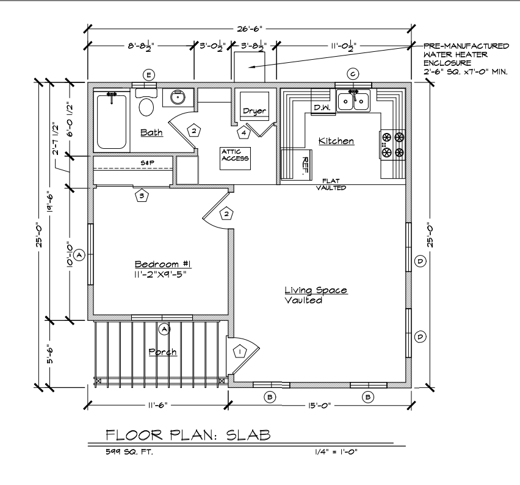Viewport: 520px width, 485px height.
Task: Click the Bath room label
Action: [151, 132]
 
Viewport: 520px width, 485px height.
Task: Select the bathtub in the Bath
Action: [112, 121]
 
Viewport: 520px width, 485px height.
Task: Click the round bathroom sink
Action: [178, 98]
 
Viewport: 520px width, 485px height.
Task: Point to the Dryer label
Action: [255, 111]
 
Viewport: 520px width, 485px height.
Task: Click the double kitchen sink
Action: [353, 101]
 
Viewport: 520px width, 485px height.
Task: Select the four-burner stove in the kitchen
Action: [392, 144]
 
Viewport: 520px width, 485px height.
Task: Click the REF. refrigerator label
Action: [305, 165]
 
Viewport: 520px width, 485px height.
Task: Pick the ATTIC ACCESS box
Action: [235, 159]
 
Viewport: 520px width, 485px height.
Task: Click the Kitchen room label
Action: [336, 141]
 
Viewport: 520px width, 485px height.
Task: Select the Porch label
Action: [162, 352]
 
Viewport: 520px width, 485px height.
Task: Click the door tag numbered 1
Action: [240, 351]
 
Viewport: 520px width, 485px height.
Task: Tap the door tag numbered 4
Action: [244, 132]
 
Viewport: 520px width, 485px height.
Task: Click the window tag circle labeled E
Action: [148, 75]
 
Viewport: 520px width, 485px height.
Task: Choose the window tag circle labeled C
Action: [353, 74]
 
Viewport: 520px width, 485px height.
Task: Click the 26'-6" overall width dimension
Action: [250, 29]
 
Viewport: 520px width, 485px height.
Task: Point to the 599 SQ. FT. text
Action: [129, 451]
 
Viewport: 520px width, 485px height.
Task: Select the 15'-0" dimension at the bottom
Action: [320, 406]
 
